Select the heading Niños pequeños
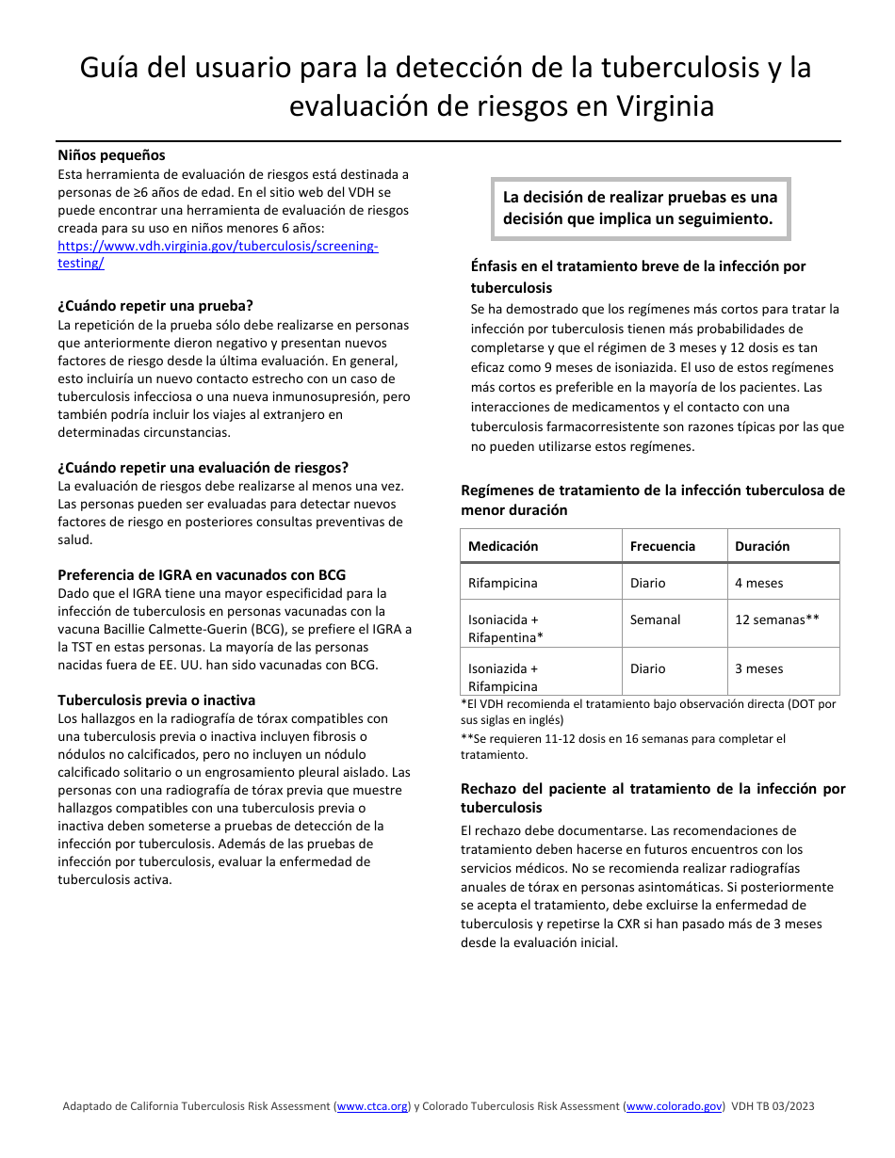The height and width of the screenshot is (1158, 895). pyautogui.click(x=111, y=155)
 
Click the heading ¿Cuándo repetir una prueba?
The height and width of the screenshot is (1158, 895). pyautogui.click(x=155, y=306)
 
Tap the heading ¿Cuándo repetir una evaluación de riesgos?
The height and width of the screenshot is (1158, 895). pyautogui.click(x=203, y=468)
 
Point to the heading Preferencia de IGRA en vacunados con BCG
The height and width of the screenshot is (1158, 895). pyautogui.click(x=201, y=575)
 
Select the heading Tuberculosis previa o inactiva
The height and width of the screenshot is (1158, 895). pyautogui.click(x=156, y=700)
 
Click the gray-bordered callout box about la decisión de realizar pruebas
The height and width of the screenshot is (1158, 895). pyautogui.click(x=640, y=208)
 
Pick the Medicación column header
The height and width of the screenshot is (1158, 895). pyautogui.click(x=503, y=546)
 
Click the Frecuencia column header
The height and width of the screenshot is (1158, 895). pyautogui.click(x=662, y=546)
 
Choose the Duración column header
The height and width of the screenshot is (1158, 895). pyautogui.click(x=762, y=546)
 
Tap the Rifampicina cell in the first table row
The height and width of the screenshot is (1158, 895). pyautogui.click(x=503, y=583)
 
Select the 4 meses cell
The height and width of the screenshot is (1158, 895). pyautogui.click(x=759, y=583)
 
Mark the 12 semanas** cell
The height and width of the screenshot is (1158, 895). pyautogui.click(x=777, y=619)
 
